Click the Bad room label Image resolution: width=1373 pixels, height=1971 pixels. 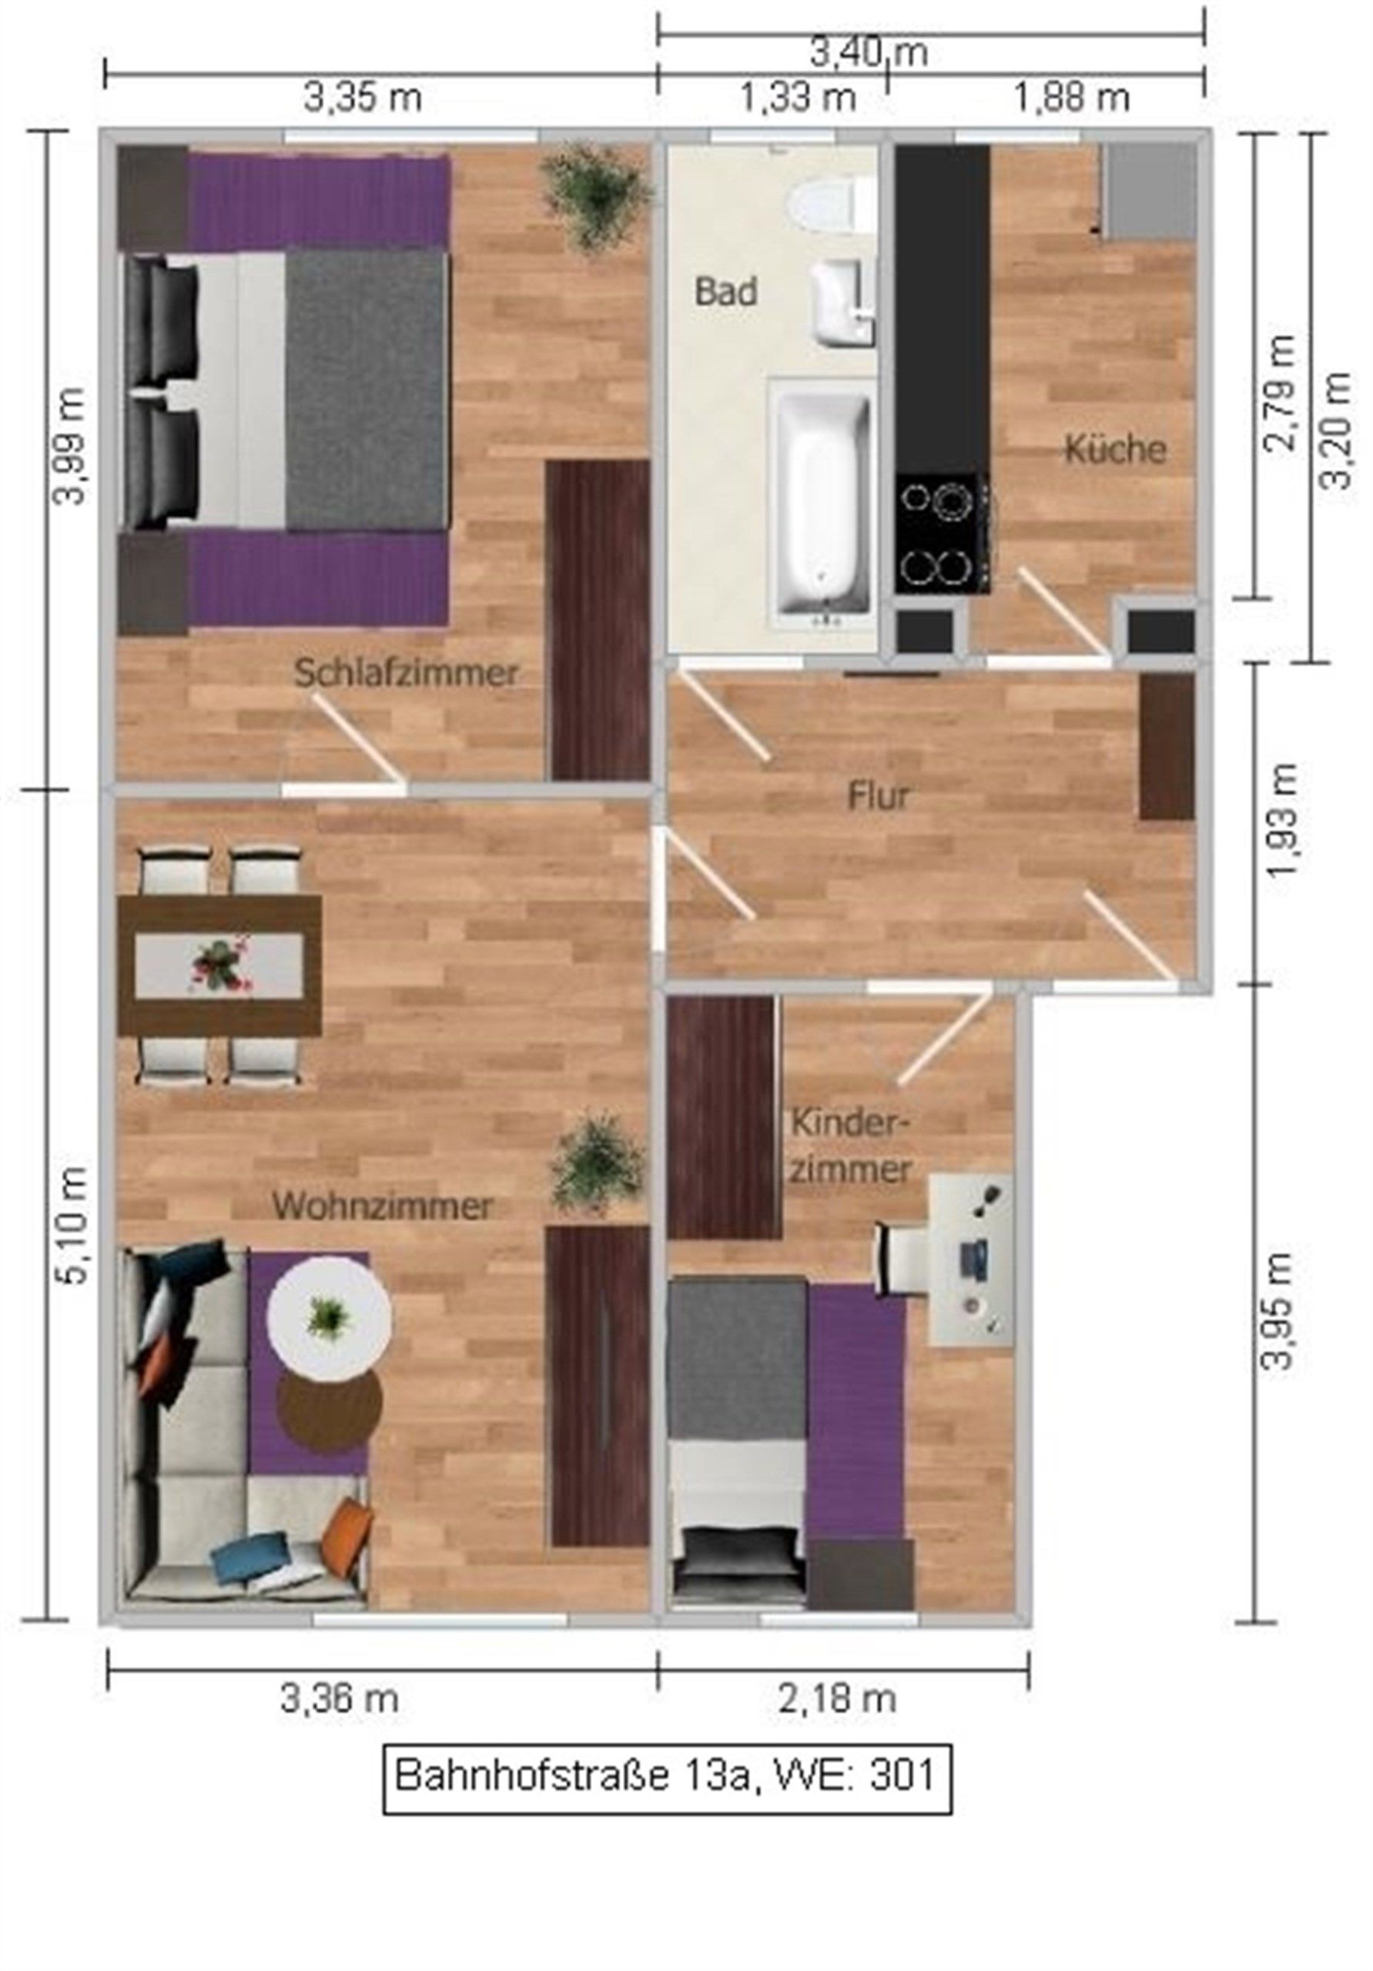tap(725, 292)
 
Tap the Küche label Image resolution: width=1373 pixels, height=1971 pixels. tap(1114, 450)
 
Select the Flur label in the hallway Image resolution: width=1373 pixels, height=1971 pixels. tap(878, 797)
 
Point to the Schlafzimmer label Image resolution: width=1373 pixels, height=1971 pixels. tap(406, 673)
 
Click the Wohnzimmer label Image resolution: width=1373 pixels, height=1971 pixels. tap(382, 1206)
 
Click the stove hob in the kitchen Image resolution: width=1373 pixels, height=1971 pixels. tap(941, 533)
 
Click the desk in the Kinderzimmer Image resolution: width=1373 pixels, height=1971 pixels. tap(970, 1259)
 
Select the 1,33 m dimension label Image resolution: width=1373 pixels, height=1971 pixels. tap(799, 99)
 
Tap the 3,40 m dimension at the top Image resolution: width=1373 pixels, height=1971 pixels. tap(869, 53)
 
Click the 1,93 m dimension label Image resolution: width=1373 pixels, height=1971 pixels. tap(1284, 822)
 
